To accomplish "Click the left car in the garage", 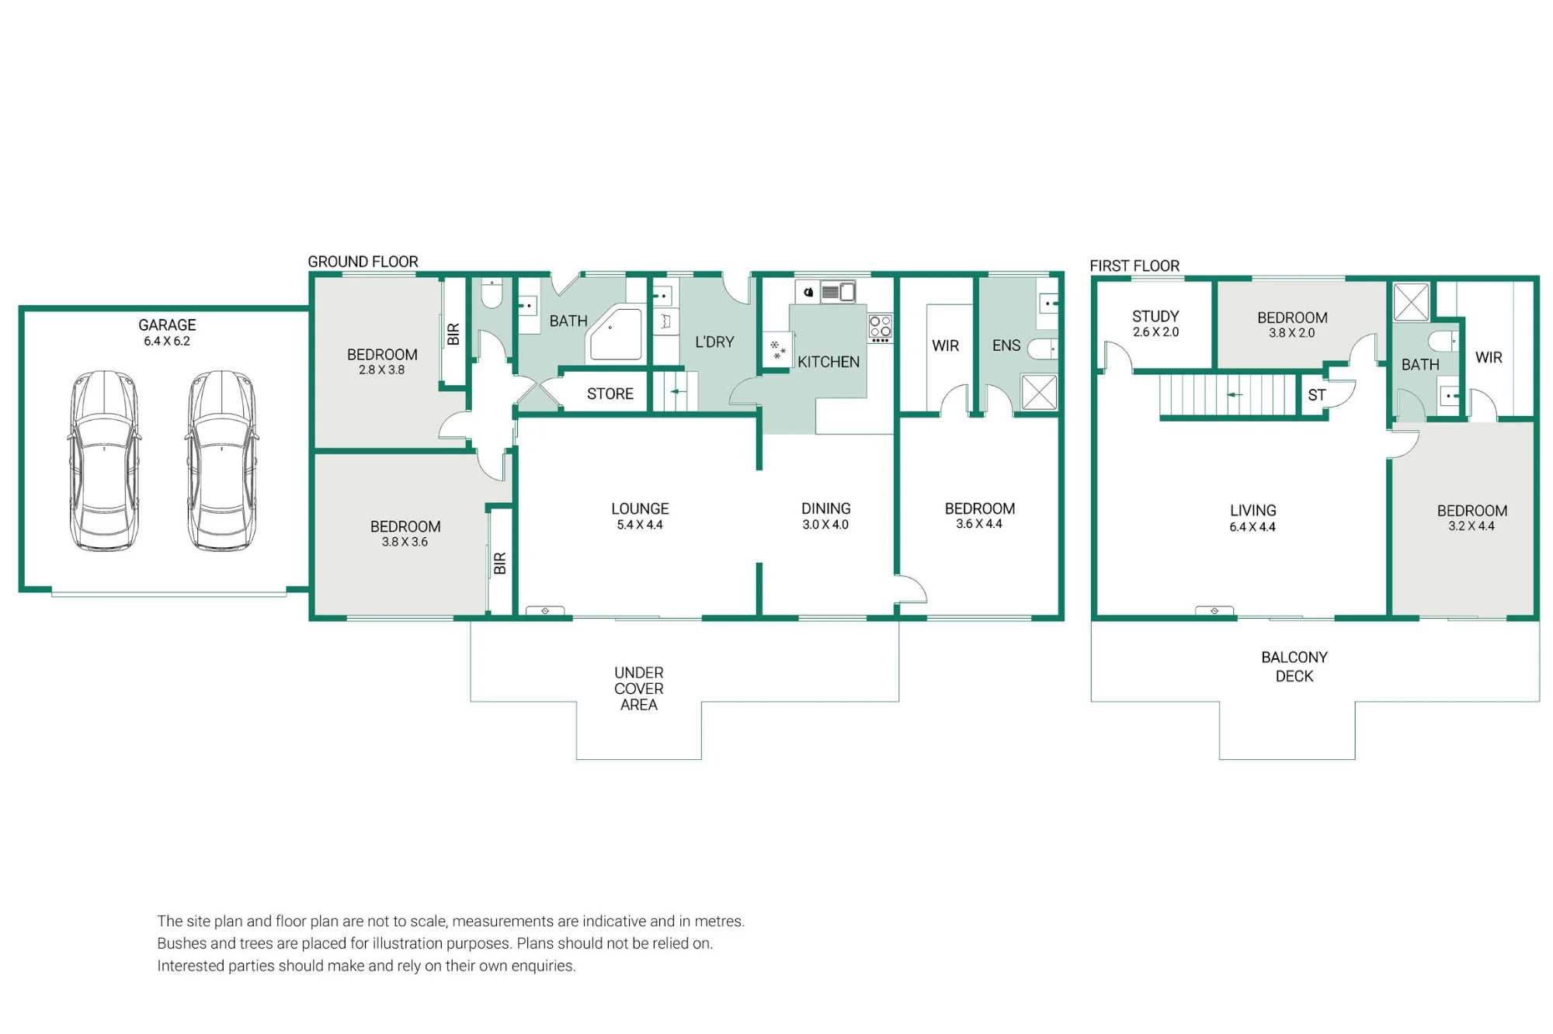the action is [104, 461].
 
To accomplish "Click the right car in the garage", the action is [221, 461].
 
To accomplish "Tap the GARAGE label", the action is [167, 325].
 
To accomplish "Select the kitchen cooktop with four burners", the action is [880, 328].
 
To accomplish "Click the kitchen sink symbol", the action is [838, 293].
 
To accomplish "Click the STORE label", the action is [610, 394].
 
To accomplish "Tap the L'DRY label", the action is [714, 342].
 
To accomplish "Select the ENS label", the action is [1006, 345].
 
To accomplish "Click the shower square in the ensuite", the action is [1039, 392].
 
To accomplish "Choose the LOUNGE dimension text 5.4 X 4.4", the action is [640, 525].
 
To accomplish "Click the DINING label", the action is [826, 508].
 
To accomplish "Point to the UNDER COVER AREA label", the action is [639, 689].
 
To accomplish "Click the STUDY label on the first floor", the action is [1155, 316].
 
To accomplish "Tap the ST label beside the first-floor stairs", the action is [1316, 395].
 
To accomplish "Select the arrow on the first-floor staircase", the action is [1235, 395].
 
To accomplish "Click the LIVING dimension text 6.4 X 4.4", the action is [1252, 527].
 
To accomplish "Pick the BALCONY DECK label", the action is [1294, 667].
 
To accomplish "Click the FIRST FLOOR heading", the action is [1134, 265].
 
